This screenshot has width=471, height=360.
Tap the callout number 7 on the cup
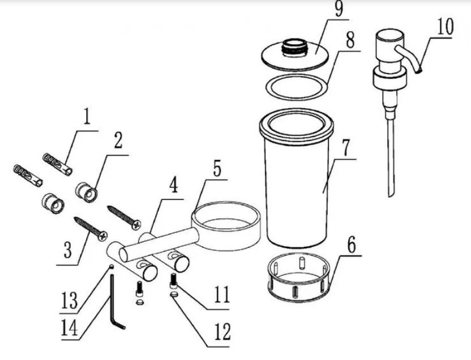(345, 147)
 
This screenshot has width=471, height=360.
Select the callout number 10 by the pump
(445, 26)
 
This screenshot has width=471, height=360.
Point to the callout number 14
(70, 327)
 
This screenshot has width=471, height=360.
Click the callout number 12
(222, 332)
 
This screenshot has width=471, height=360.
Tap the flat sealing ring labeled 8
(297, 87)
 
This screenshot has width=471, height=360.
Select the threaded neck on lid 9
(294, 47)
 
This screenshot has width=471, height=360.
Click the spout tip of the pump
(418, 71)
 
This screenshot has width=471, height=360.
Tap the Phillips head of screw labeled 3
(102, 235)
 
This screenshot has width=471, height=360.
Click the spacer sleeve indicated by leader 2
(86, 191)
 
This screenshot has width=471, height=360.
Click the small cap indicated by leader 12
(174, 294)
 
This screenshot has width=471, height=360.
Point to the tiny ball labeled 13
(112, 265)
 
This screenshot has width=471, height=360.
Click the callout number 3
(68, 251)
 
